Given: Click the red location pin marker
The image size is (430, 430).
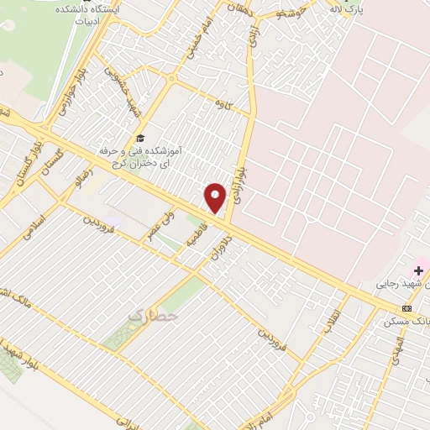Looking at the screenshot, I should tap(215, 197).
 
